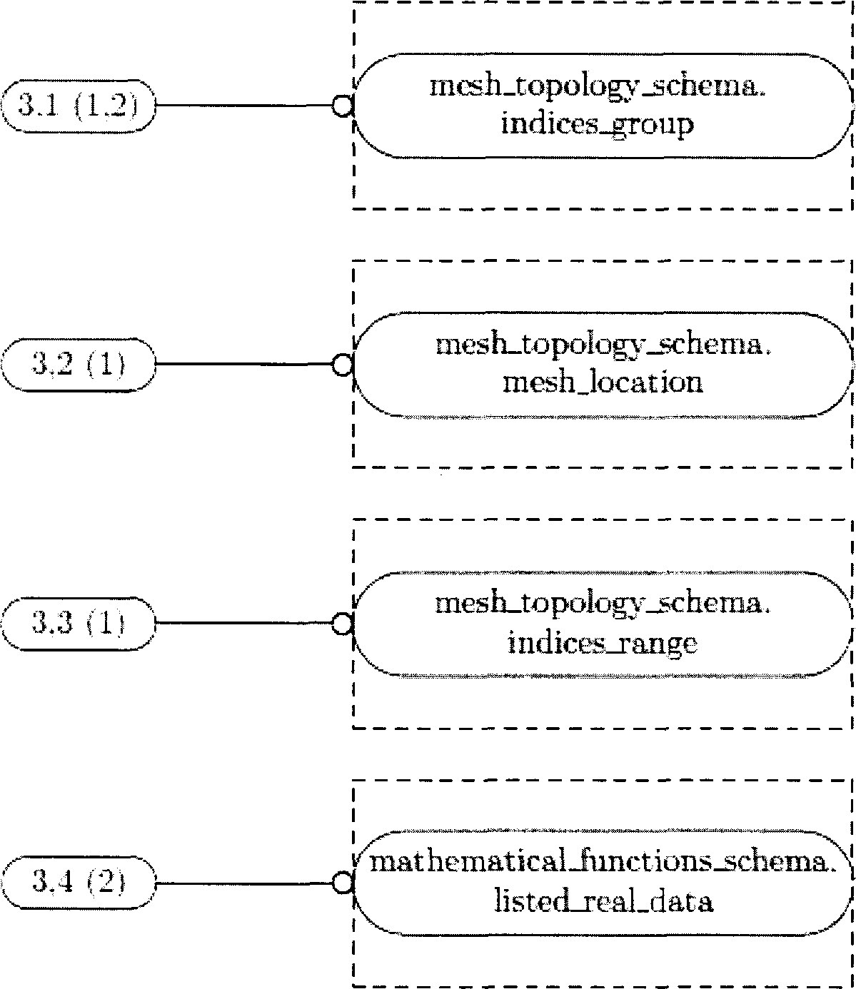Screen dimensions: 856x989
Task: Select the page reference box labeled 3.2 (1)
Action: (79, 365)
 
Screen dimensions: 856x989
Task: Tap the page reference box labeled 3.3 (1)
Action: (79, 624)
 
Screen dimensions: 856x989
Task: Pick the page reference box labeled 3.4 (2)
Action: (79, 882)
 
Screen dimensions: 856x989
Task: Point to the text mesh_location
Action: (603, 382)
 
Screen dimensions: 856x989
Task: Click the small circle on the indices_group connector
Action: (343, 106)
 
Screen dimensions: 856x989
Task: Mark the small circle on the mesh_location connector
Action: (343, 365)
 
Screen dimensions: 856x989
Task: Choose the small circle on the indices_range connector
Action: (343, 624)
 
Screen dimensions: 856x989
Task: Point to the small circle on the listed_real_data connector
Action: (343, 883)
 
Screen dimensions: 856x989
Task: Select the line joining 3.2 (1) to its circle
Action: (244, 365)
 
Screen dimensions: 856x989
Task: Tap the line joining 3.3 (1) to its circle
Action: (244, 624)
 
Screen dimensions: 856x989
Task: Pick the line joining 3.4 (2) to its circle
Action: (244, 883)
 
